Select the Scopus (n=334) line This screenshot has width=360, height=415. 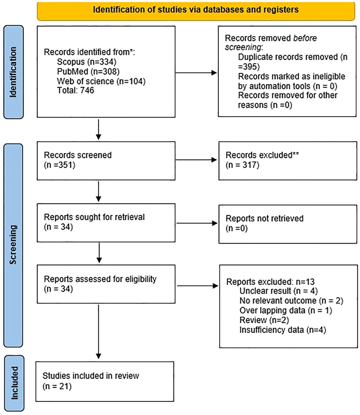pyautogui.click(x=86, y=62)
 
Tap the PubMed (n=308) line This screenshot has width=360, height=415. pyautogui.click(x=88, y=71)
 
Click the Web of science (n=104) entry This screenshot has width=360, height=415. pyautogui.click(x=101, y=81)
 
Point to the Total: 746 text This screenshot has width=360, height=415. pyautogui.click(x=76, y=90)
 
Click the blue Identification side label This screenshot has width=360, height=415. pyautogui.click(x=14, y=72)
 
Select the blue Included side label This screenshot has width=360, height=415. pyautogui.click(x=14, y=383)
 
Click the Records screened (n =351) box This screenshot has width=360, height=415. pyautogui.click(x=106, y=161)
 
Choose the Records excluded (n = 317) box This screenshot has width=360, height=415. pyautogui.click(x=288, y=161)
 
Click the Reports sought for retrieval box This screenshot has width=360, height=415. pyautogui.click(x=106, y=223)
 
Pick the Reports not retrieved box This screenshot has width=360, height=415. pyautogui.click(x=288, y=224)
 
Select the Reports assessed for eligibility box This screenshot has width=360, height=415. pyautogui.click(x=106, y=284)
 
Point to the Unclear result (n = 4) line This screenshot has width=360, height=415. pyautogui.click(x=279, y=291)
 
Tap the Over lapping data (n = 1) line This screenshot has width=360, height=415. pyautogui.click(x=286, y=310)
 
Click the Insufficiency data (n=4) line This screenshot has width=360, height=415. pyautogui.click(x=283, y=330)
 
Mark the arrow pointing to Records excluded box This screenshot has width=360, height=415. pyautogui.click(x=196, y=160)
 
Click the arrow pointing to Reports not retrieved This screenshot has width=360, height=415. pyautogui.click(x=197, y=223)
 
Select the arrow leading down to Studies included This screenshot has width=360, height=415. pyautogui.click(x=98, y=332)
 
